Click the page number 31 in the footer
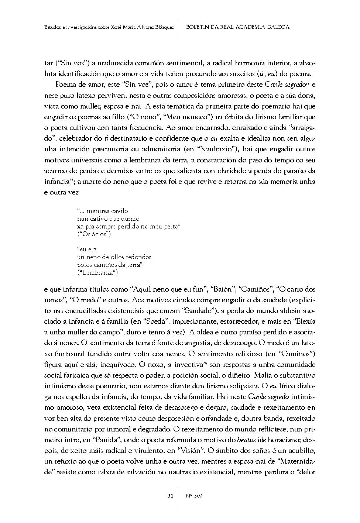[x=171, y=496]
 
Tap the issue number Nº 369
[x=194, y=496]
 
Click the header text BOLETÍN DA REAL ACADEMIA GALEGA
[x=238, y=27]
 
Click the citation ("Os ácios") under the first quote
[x=94, y=234]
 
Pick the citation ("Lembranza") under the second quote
[x=97, y=273]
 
